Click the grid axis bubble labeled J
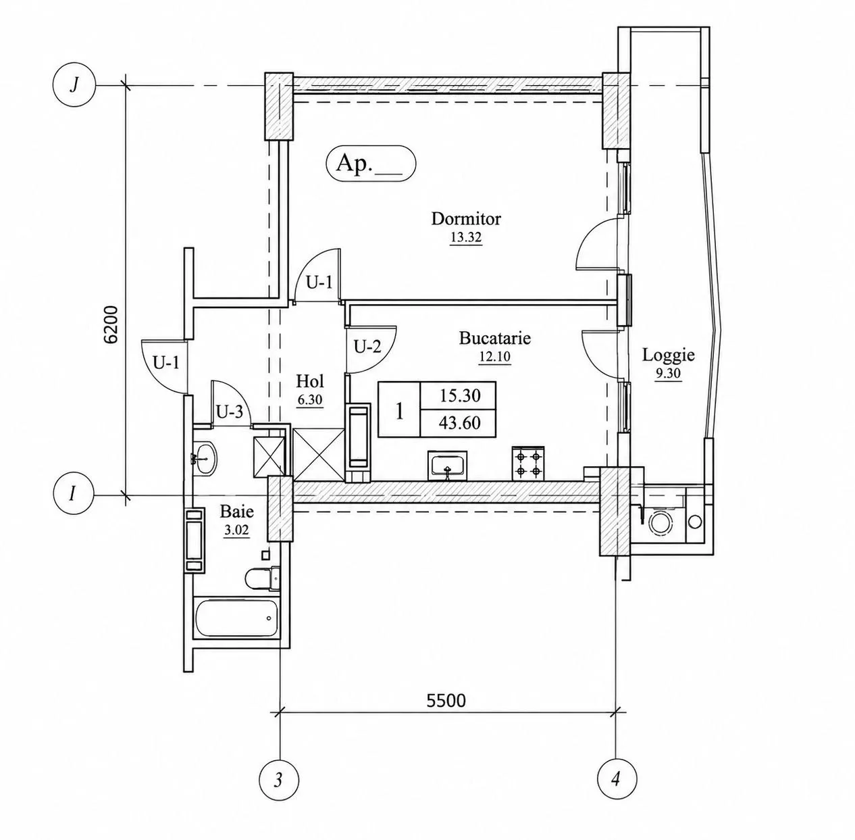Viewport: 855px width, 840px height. click(x=74, y=85)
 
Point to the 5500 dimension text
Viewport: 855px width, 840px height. click(x=446, y=701)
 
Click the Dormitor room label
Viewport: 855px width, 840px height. click(x=466, y=219)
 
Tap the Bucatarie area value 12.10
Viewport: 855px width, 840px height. click(x=494, y=357)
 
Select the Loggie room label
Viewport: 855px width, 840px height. click(x=668, y=355)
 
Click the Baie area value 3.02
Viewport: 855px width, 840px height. click(x=236, y=530)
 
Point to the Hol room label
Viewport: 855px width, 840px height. click(x=310, y=381)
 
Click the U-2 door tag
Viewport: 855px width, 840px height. click(x=367, y=346)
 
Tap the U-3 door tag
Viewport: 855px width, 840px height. click(x=230, y=412)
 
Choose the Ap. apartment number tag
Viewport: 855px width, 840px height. click(x=371, y=164)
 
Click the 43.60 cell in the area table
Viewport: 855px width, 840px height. click(x=459, y=422)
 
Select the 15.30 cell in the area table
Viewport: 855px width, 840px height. click(x=459, y=395)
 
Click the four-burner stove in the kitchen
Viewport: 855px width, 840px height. click(x=528, y=464)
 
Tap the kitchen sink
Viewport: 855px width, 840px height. click(x=448, y=466)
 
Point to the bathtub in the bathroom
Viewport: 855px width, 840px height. click(x=236, y=618)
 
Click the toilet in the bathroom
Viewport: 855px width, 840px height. click(x=262, y=579)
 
